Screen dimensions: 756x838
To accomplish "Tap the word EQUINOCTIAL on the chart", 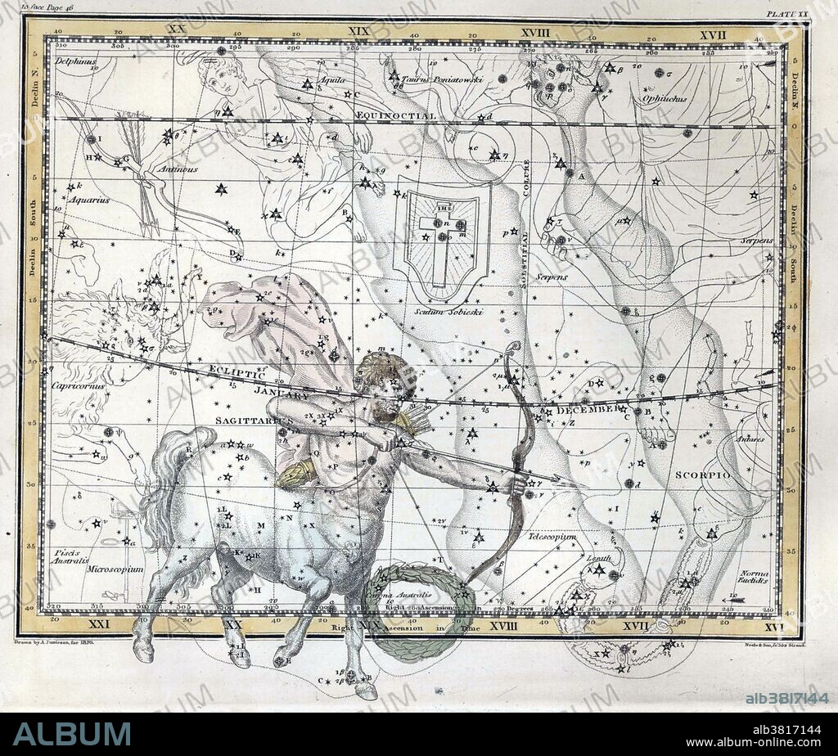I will [396, 116].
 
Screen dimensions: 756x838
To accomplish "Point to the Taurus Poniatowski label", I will [446, 80].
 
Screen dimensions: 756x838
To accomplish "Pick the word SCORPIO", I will [697, 475].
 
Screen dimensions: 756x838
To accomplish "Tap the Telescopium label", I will [552, 537].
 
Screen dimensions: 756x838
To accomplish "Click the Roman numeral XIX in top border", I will [358, 30].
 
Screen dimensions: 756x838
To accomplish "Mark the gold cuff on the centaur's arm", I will [296, 473].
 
